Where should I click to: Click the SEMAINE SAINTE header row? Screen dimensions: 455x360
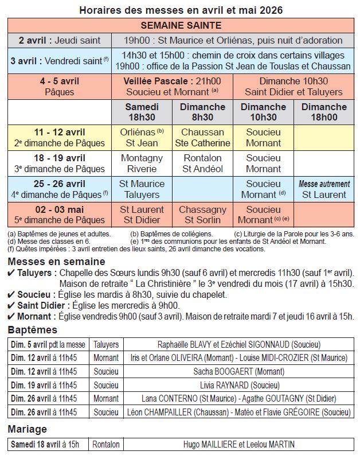(x=181, y=25)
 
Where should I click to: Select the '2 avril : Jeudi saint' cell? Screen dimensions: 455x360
(x=60, y=40)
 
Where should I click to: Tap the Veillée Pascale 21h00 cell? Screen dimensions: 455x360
(x=173, y=86)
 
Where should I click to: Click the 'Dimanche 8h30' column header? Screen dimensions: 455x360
(x=202, y=112)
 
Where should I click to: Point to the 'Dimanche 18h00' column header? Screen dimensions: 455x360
(x=324, y=112)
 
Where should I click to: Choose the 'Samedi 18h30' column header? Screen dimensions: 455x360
(x=142, y=112)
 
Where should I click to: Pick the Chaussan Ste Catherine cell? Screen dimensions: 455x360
(x=202, y=138)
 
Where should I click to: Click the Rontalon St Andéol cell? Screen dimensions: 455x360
(x=202, y=164)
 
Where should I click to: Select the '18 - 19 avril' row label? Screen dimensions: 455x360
(x=60, y=164)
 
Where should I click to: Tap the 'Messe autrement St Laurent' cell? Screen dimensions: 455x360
(x=324, y=189)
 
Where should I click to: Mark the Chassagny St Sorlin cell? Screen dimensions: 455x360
(x=202, y=215)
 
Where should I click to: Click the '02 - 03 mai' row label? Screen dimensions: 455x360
(x=60, y=215)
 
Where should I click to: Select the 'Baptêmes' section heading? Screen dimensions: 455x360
(x=33, y=330)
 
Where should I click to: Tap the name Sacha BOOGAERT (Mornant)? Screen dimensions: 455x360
(x=238, y=371)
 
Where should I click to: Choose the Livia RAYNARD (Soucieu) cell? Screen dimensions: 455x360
(x=238, y=384)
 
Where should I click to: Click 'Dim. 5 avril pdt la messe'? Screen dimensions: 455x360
(x=48, y=345)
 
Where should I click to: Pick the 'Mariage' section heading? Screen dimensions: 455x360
(x=28, y=429)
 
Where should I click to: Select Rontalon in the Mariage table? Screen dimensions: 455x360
(x=106, y=444)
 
